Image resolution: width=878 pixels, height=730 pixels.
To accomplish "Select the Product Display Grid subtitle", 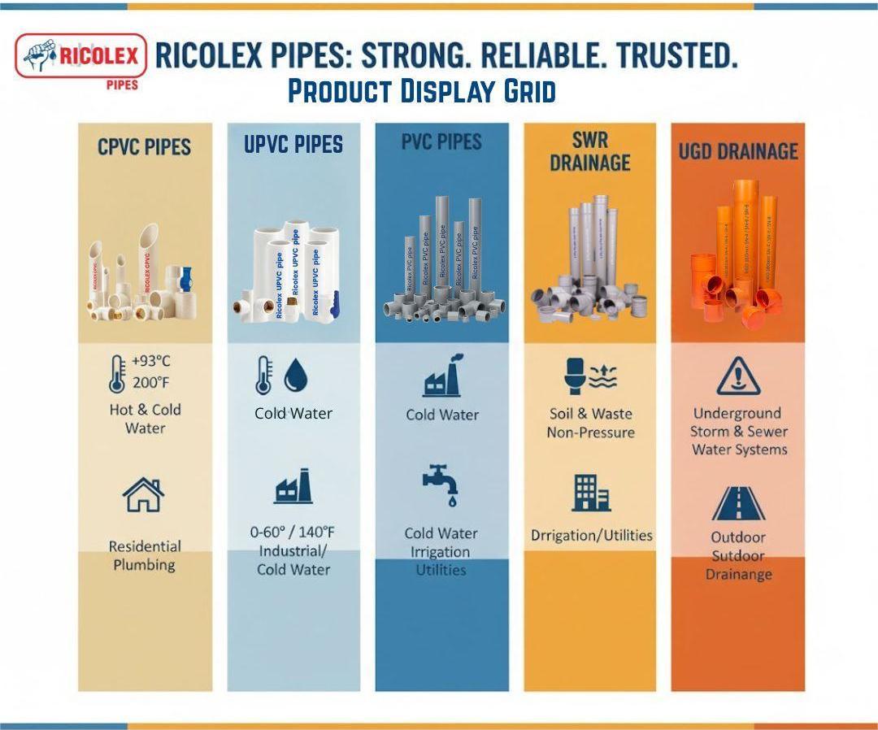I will (422, 92).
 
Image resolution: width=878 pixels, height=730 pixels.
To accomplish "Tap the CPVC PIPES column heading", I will (144, 147).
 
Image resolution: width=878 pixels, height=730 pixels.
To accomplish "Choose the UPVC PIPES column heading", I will (293, 145).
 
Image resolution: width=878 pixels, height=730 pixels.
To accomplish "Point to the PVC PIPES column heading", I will (441, 141).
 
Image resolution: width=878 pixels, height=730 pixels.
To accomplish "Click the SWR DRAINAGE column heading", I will (590, 150).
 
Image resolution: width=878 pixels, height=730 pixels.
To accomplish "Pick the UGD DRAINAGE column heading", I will (738, 151).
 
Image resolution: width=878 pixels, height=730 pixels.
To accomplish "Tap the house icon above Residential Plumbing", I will (143, 494).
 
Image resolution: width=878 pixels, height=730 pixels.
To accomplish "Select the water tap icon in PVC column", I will (441, 484).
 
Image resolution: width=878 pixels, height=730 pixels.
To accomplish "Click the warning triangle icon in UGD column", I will (738, 375).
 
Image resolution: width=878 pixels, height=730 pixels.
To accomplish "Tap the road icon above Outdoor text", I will (738, 503).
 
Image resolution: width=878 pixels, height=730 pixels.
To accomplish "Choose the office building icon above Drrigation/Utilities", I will (591, 492).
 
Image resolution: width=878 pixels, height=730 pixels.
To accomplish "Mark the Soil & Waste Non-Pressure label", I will (590, 423).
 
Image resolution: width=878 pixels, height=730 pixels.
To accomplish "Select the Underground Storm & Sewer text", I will (739, 431).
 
